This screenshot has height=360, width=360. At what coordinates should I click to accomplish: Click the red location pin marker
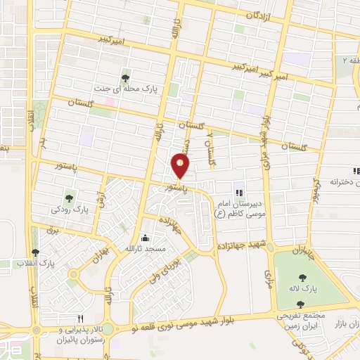click(x=181, y=166)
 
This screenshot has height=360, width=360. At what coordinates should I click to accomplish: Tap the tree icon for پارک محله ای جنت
click(x=126, y=78)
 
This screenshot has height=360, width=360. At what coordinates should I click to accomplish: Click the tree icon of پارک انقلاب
click(x=34, y=252)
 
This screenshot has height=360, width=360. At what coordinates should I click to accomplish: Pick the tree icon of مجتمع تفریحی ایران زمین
click(x=302, y=304)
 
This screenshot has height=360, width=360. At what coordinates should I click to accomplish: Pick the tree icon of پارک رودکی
click(x=69, y=198)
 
